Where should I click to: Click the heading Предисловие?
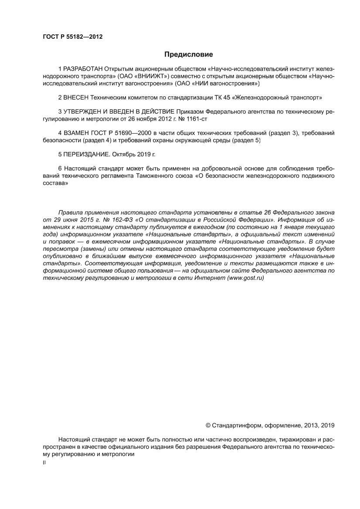(x=188, y=55)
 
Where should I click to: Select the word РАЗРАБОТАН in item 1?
(x=84, y=69)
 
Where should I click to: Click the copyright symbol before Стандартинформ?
(x=208, y=425)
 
